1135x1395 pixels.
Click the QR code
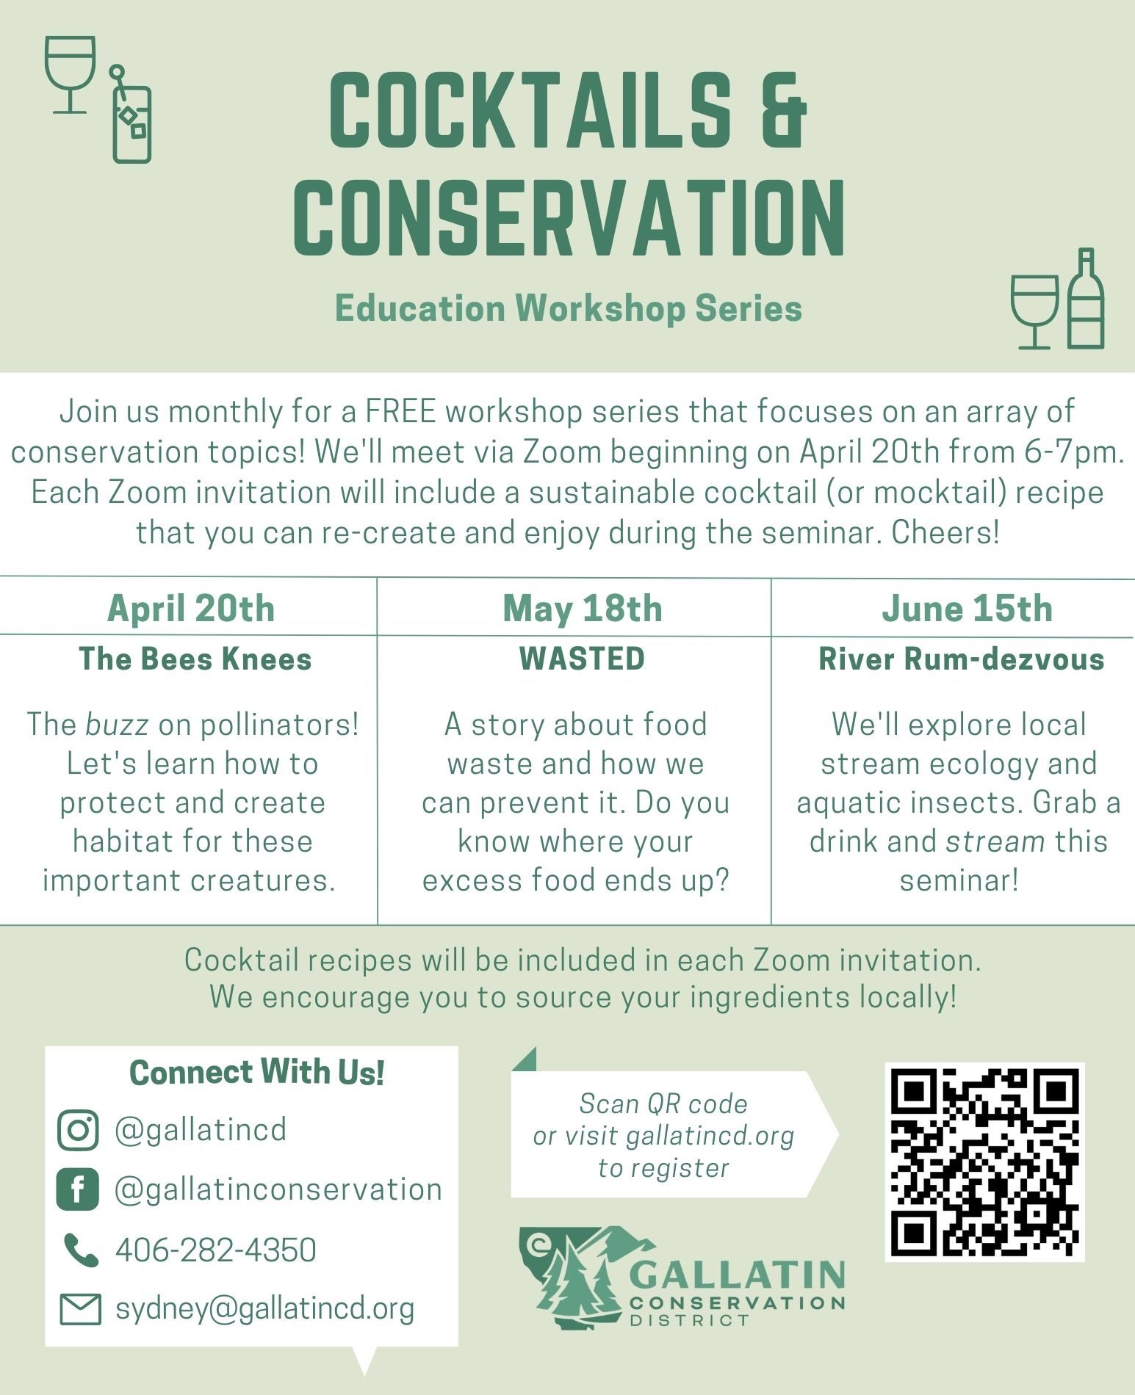pyautogui.click(x=984, y=1162)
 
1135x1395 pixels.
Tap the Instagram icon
pyautogui.click(x=77, y=1130)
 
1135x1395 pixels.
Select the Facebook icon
pyautogui.click(x=77, y=1189)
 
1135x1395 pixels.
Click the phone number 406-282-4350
pyautogui.click(x=216, y=1250)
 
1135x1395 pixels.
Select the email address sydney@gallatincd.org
pyautogui.click(x=264, y=1309)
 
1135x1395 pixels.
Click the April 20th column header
pyautogui.click(x=191, y=608)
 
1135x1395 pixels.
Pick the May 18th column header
pyautogui.click(x=583, y=609)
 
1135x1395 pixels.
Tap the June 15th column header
pyautogui.click(x=968, y=608)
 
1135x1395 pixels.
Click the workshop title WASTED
pyautogui.click(x=582, y=659)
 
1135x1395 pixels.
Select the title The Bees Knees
pyautogui.click(x=195, y=659)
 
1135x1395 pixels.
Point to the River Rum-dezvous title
pyautogui.click(x=962, y=659)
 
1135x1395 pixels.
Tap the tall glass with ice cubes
pyautogui.click(x=131, y=115)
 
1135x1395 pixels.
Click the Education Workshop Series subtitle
pyautogui.click(x=569, y=308)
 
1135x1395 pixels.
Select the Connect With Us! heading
pyautogui.click(x=257, y=1072)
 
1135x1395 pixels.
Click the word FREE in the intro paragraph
pyautogui.click(x=401, y=411)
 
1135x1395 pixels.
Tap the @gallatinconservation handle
pyautogui.click(x=278, y=1189)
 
